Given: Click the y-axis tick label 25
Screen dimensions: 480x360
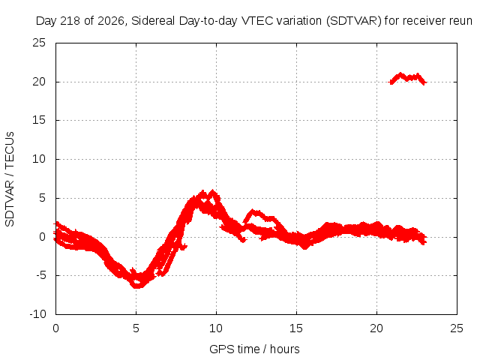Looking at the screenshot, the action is coord(39,43).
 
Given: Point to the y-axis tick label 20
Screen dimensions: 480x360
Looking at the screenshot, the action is coord(39,82).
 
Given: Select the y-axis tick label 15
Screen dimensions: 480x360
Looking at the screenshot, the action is coord(39,120).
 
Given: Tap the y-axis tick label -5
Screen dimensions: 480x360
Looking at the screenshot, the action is coord(40,275).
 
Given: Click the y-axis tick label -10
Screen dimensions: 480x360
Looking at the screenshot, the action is coord(37,314).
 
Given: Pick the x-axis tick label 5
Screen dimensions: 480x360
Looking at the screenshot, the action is coord(136,328).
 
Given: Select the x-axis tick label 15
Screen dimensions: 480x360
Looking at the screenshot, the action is coord(296,328).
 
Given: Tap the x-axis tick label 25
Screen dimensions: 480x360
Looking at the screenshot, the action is coord(457,328).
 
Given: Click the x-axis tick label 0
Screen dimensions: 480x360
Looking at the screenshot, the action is coord(55,328).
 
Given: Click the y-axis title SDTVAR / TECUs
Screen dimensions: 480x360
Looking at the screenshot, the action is coord(10,179).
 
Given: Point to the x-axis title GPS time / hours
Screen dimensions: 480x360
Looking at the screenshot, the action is coord(254,349).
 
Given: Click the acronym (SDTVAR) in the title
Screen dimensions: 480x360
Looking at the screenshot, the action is coord(354,21).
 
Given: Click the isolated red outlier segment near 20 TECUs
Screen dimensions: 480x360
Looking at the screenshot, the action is coord(408,78).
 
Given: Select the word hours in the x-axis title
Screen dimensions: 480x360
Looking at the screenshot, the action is coord(285,349).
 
